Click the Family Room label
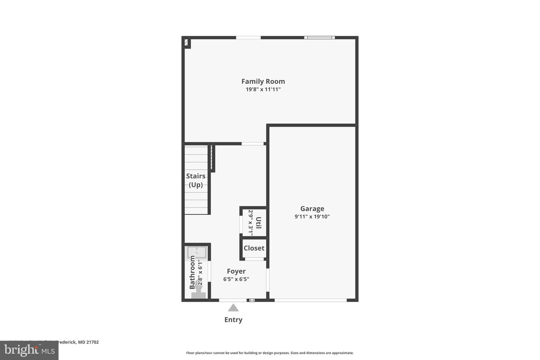point(263,81)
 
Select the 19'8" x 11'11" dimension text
point(263,90)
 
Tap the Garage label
point(312,209)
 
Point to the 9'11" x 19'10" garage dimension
point(312,217)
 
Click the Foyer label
point(236,271)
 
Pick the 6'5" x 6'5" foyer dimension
point(236,279)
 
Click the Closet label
point(254,248)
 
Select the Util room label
point(258,223)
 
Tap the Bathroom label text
point(192,272)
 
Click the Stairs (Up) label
point(196,180)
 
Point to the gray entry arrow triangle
point(233,308)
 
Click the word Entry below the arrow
point(233,320)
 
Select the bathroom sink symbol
point(197,253)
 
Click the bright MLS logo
point(29,351)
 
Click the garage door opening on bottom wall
point(310,300)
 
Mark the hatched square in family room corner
point(186,43)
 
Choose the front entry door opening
point(233,300)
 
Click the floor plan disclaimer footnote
point(270,353)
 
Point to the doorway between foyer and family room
point(252,144)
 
